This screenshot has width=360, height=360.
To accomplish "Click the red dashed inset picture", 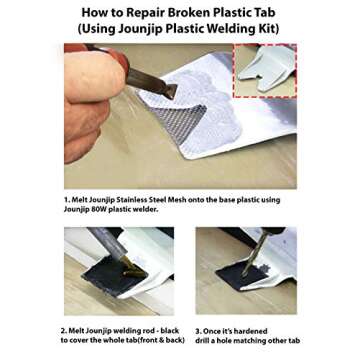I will [264, 70].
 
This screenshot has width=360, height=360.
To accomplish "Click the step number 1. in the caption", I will [66, 200].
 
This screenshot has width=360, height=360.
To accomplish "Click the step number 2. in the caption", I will [63, 329].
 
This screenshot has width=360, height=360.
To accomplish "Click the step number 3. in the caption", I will [197, 329].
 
